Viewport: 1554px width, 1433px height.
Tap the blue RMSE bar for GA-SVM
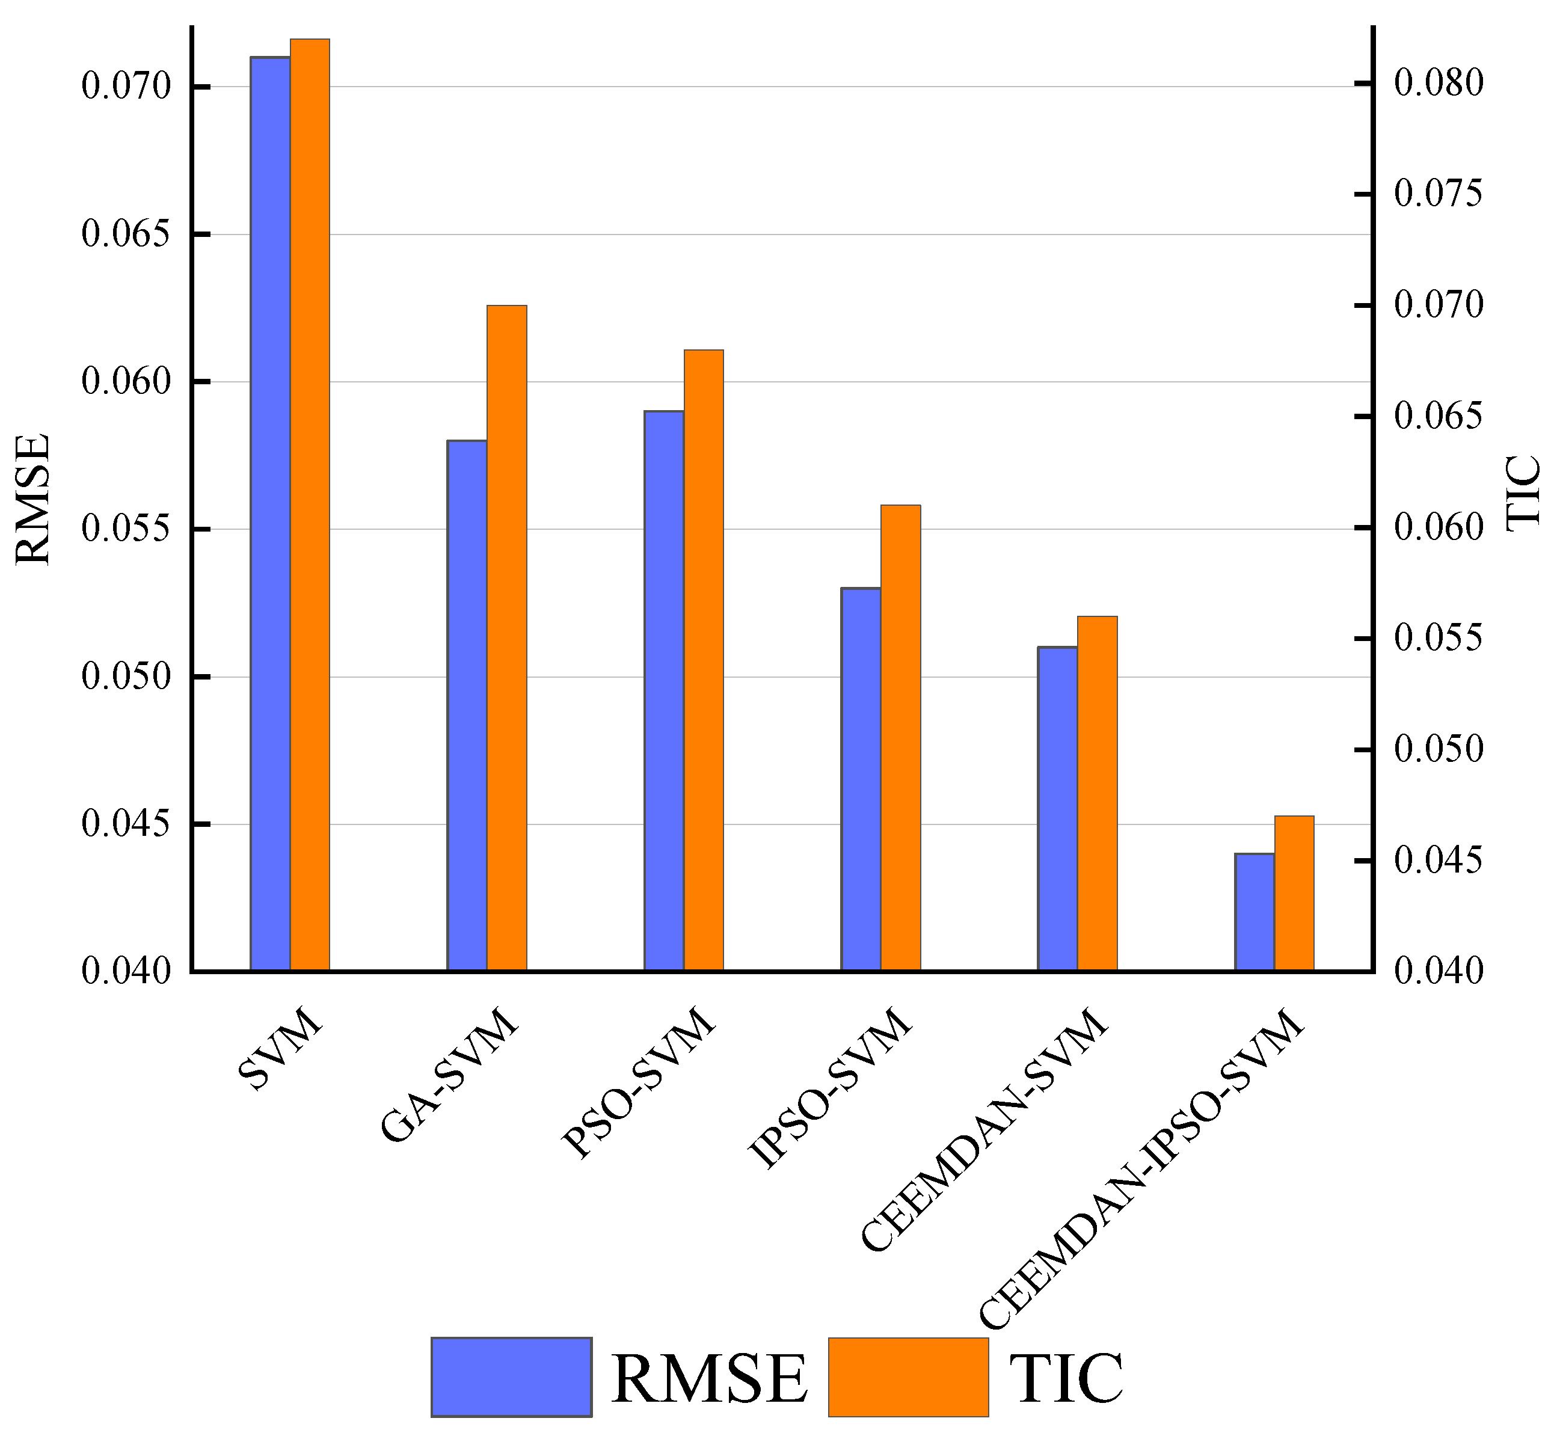click(x=467, y=705)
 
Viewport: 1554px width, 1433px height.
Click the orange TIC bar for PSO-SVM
click(x=704, y=660)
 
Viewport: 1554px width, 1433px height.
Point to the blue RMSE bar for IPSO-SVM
click(x=861, y=779)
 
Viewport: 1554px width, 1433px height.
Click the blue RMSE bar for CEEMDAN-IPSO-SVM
click(x=1255, y=912)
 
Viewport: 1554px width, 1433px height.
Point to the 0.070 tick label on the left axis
click(x=126, y=86)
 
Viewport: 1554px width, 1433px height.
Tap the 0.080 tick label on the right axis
click(x=1439, y=82)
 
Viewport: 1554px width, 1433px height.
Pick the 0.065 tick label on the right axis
click(x=1439, y=416)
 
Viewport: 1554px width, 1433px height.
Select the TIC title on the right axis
click(x=1523, y=493)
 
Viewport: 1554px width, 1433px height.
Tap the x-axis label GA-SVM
click(x=449, y=1074)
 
